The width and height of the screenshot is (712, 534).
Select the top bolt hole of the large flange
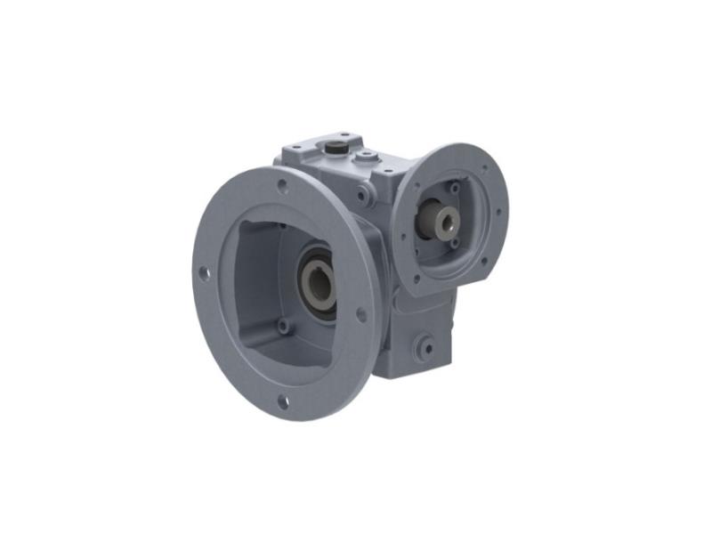(x=282, y=186)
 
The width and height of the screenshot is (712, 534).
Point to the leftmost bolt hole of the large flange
(x=203, y=274)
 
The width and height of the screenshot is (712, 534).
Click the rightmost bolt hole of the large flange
(x=361, y=314)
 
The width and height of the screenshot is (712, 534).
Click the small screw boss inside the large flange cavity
(x=283, y=327)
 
